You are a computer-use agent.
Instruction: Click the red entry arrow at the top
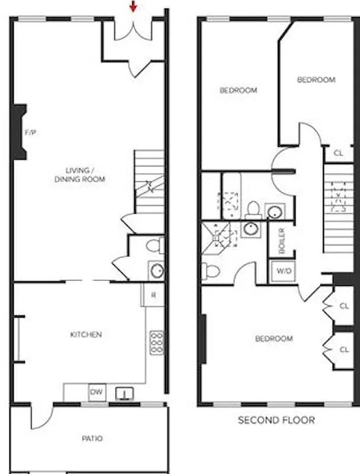(x=133, y=7)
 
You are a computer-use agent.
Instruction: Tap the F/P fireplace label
(x=31, y=132)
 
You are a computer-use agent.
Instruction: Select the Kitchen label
(x=86, y=335)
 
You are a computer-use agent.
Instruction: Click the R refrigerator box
(x=153, y=295)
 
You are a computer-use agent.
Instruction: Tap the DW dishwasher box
(x=96, y=392)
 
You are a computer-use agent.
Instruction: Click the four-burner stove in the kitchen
(x=157, y=342)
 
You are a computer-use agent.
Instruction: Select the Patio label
(x=91, y=438)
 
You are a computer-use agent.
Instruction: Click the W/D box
(x=281, y=271)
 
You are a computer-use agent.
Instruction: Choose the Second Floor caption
(x=276, y=421)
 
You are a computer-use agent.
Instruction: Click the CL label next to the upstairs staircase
(x=338, y=153)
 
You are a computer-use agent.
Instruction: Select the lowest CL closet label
(x=344, y=350)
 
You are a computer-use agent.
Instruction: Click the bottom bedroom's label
(x=273, y=339)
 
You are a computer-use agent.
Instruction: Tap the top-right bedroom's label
(x=316, y=80)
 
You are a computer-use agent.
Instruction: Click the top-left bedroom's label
(x=238, y=91)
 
